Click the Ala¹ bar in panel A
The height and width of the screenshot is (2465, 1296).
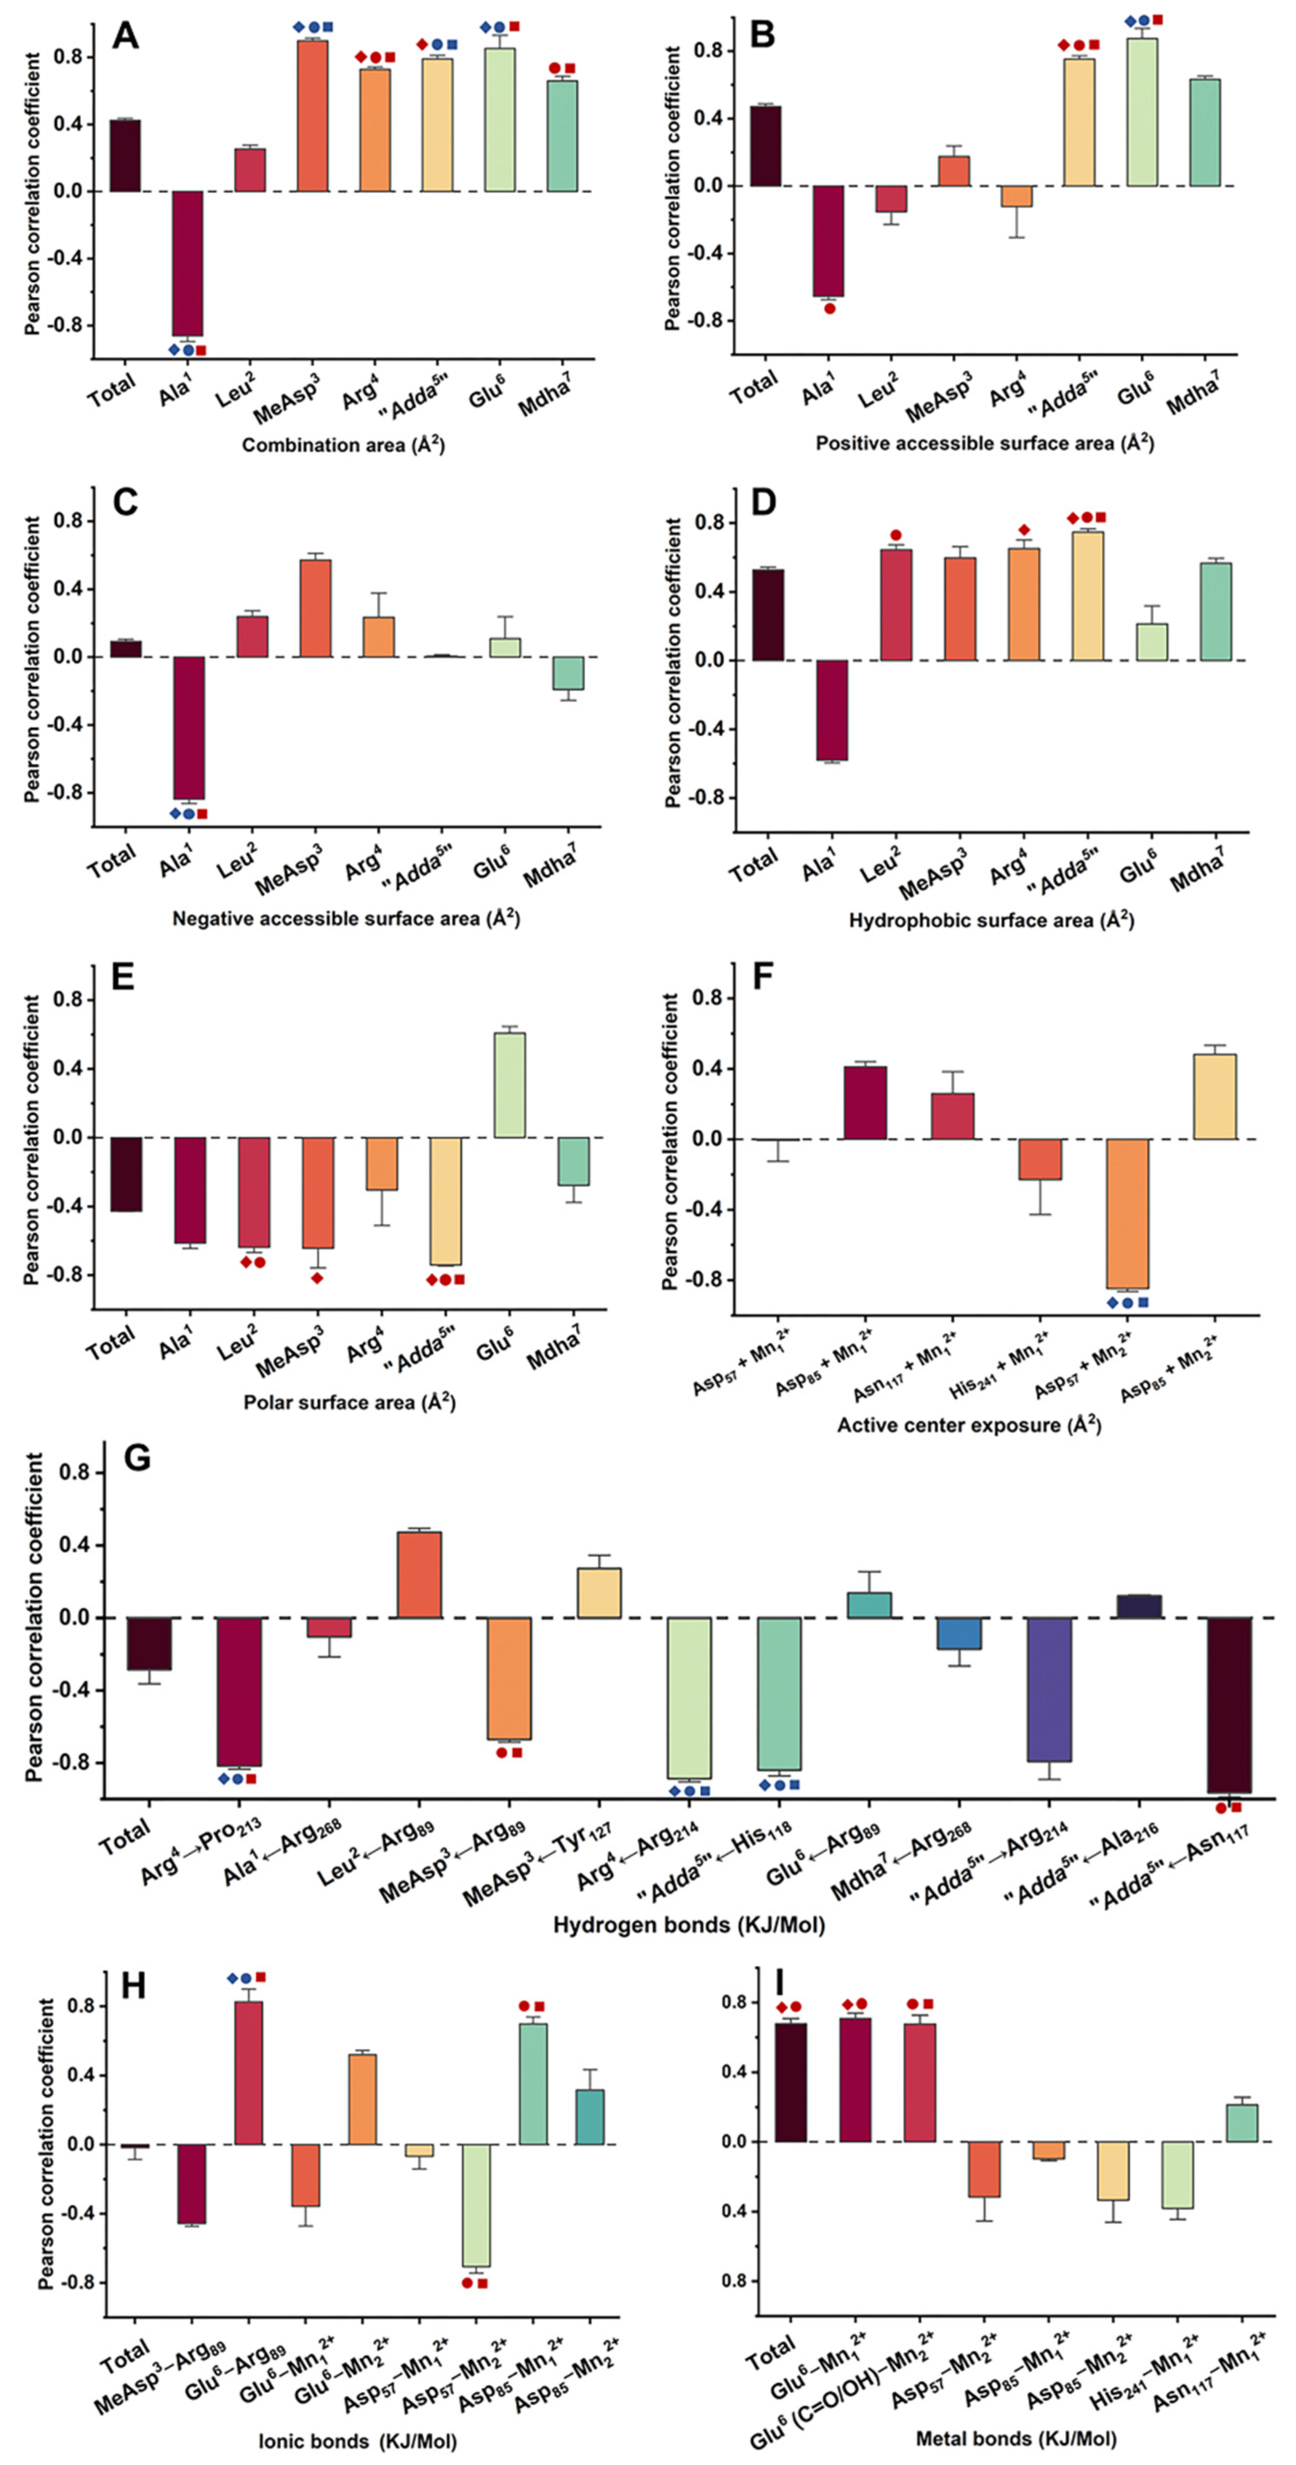187,263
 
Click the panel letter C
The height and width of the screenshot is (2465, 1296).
126,502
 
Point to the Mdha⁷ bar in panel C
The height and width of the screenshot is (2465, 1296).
568,673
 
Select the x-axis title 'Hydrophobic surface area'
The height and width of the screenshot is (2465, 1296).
991,920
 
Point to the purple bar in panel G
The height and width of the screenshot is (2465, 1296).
1049,1689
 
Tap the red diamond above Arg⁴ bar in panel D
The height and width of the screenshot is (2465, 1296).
1024,530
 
